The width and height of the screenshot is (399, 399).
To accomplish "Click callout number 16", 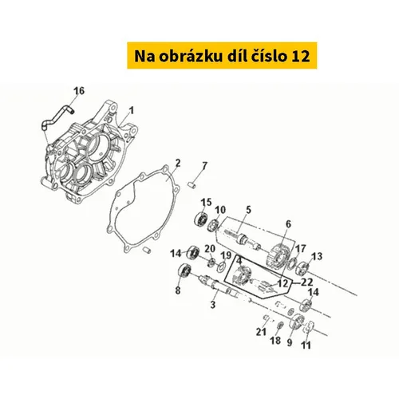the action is click(79, 91).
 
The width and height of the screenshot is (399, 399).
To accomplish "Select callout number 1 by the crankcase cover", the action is click(131, 111).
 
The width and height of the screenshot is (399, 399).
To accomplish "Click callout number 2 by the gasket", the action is click(178, 163).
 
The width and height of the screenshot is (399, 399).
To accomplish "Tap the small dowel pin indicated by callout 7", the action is click(192, 184).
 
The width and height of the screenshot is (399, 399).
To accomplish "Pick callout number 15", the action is click(206, 203).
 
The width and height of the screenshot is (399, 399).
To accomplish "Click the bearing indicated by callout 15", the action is click(202, 219).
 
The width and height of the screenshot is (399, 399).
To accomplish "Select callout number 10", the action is click(220, 210).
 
